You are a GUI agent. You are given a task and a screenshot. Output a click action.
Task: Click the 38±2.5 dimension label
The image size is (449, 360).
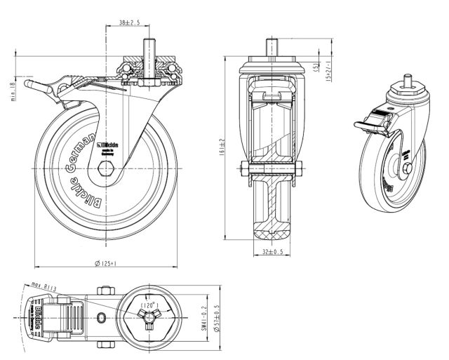tap(129, 23)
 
